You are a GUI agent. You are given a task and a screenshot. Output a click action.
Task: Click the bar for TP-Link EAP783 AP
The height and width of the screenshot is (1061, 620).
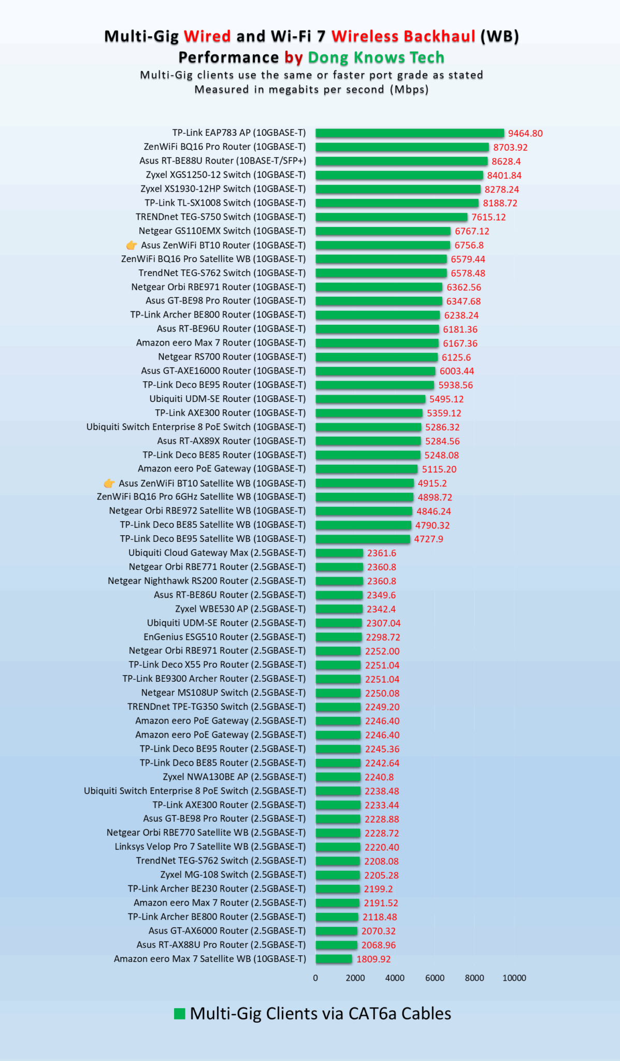(x=409, y=133)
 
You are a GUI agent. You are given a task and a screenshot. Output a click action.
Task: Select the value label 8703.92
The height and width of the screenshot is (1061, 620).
(x=510, y=147)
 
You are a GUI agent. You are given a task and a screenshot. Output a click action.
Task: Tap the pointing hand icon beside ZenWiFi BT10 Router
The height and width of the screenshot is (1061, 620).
(x=132, y=245)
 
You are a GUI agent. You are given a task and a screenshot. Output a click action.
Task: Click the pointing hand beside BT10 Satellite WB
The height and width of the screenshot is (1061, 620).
(x=109, y=483)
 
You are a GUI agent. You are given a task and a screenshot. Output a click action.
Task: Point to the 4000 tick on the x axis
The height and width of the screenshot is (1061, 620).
(x=395, y=978)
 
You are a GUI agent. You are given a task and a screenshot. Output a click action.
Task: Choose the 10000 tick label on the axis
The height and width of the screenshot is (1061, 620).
(x=514, y=978)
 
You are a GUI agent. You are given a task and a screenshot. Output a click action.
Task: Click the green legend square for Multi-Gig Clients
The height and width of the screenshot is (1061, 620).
(x=180, y=1014)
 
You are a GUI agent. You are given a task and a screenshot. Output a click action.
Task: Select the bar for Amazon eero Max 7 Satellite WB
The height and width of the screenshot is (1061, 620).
(x=334, y=959)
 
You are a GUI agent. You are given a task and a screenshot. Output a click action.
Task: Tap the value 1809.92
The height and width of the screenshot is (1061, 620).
(x=373, y=959)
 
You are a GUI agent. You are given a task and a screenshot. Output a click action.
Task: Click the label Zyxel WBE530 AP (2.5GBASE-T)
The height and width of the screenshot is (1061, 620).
(x=240, y=609)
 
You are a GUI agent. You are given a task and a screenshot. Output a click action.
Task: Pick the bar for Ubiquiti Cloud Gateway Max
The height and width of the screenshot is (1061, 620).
(x=339, y=553)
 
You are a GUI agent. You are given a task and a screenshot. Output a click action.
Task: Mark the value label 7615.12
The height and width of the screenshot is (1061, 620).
(x=488, y=217)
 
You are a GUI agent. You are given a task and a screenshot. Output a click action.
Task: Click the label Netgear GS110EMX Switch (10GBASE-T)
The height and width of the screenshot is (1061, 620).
(x=222, y=231)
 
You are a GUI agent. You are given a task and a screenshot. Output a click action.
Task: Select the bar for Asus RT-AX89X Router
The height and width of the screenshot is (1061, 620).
(x=368, y=441)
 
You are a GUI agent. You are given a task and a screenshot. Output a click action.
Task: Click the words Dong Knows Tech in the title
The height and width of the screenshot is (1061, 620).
(x=376, y=57)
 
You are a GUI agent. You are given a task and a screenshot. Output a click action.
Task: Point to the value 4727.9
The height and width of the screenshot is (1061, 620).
(x=428, y=539)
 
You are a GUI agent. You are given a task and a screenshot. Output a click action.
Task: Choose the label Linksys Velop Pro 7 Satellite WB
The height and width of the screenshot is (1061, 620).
(x=210, y=847)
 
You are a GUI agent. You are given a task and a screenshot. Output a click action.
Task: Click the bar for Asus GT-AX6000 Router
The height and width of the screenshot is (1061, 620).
(x=336, y=931)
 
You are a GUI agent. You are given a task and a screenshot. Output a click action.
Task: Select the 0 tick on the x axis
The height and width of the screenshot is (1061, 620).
(x=315, y=978)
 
